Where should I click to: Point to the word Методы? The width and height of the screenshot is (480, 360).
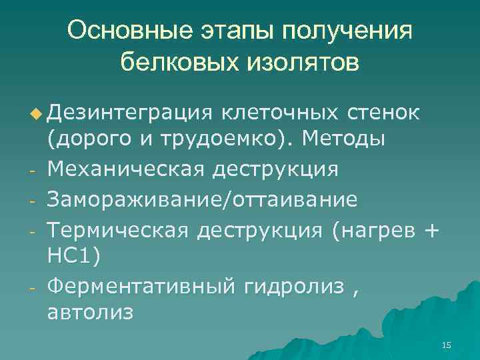(347, 141)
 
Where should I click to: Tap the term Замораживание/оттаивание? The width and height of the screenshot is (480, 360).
(203, 199)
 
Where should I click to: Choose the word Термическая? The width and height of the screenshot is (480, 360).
(119, 228)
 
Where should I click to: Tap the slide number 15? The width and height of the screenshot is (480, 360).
(446, 345)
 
